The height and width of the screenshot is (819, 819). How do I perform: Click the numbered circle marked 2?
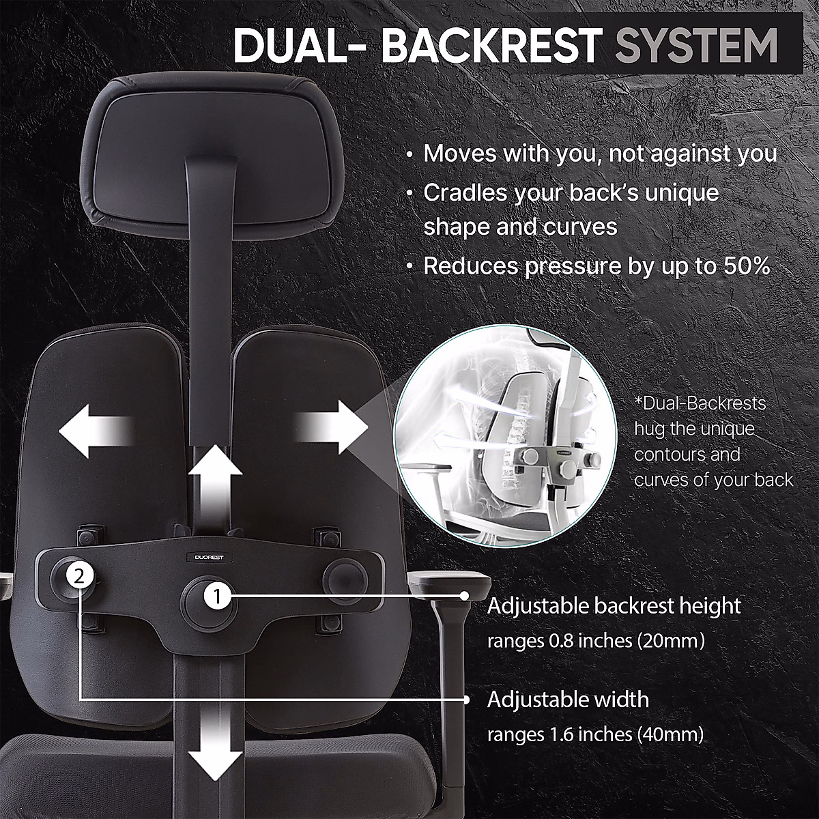pos(80,576)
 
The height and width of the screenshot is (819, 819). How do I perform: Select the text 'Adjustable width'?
pos(568,700)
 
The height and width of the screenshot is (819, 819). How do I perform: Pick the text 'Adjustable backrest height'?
pos(614,605)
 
